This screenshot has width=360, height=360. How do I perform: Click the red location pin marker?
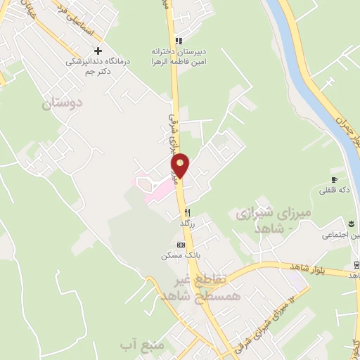pos(181,165)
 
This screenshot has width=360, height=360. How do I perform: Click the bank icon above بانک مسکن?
pos(181,244)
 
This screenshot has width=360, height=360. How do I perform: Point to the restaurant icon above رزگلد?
pos(187,212)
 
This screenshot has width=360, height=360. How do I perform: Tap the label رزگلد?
pos(187,222)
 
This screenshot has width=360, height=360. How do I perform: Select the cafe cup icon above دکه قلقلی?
pos(333,179)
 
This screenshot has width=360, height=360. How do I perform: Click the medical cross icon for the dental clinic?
pos(98,51)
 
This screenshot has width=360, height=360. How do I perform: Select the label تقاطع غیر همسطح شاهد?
pos(207,288)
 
